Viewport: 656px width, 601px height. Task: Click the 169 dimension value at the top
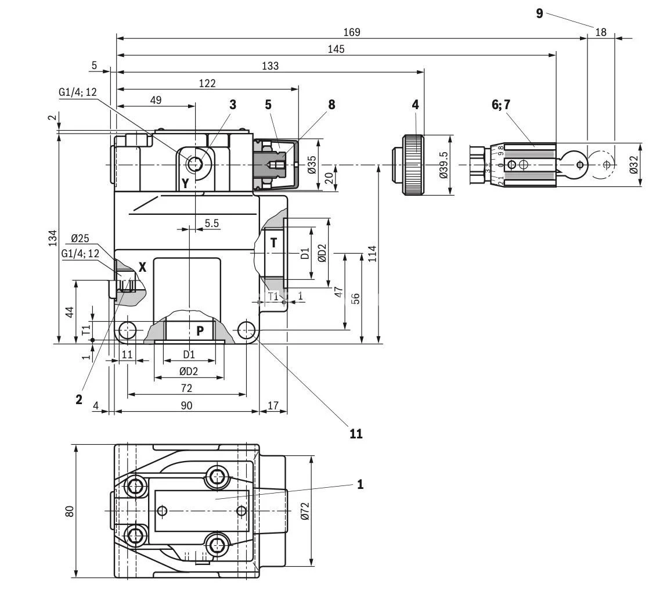point(351,33)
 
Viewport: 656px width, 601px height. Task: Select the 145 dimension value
point(336,49)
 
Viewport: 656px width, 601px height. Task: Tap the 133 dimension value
point(270,66)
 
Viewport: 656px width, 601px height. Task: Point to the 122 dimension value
point(207,83)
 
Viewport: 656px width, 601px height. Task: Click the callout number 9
point(539,13)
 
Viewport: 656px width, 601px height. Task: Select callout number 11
point(355,433)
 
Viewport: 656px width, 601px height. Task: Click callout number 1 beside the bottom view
point(360,484)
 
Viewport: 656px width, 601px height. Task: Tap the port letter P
point(200,331)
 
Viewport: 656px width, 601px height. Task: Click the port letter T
point(273,243)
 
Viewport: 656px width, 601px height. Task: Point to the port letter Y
point(185,183)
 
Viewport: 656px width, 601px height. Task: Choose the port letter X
point(142,267)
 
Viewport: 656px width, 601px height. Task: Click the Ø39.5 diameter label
point(444,165)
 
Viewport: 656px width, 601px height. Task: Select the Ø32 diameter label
point(633,165)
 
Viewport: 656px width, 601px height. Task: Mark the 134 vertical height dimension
point(52,237)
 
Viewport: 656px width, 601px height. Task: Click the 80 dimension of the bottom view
point(70,511)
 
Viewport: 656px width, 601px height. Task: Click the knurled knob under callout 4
point(413,165)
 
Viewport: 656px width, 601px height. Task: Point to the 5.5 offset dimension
point(211,223)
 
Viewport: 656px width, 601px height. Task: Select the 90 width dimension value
point(186,405)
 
